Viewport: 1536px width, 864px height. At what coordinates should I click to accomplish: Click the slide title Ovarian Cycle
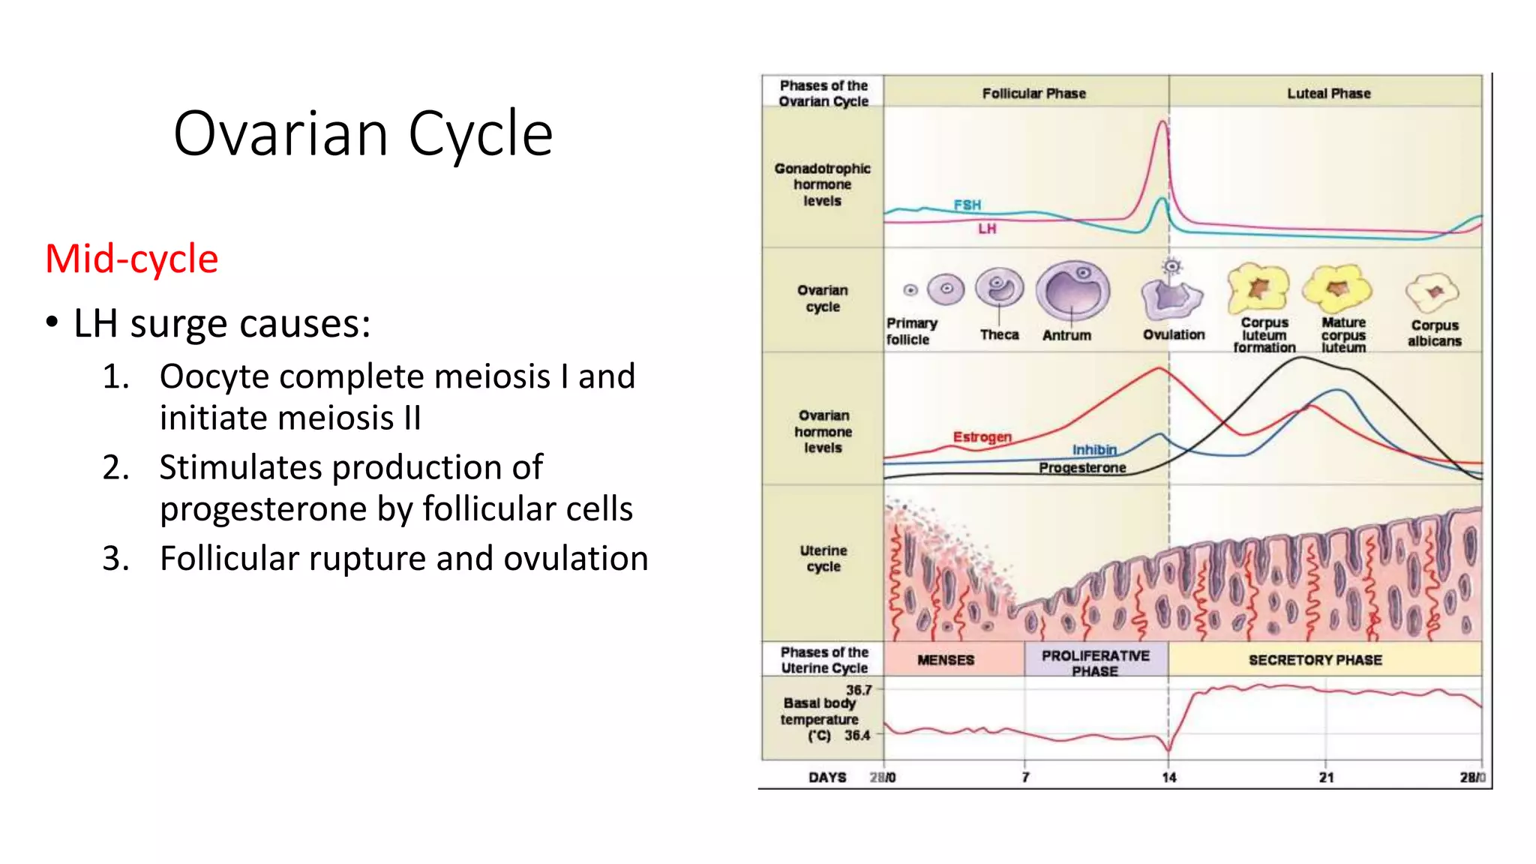tap(363, 133)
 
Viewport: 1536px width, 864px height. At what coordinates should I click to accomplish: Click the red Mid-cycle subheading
tap(132, 259)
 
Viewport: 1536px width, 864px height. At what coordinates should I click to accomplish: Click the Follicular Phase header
tap(1033, 94)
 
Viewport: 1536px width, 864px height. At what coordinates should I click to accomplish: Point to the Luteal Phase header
tap(1328, 94)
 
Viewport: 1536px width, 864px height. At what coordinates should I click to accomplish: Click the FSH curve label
tap(967, 205)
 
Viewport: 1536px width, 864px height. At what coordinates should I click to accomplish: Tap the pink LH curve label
tap(986, 229)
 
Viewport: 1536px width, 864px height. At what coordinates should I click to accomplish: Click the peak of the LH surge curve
tap(1162, 122)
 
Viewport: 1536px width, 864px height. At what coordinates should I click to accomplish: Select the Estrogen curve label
tap(982, 436)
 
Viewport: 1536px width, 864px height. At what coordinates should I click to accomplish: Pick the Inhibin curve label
tap(1094, 449)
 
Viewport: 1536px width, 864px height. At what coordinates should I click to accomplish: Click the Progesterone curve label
tap(1081, 468)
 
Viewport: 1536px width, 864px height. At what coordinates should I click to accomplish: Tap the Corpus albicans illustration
tap(1432, 292)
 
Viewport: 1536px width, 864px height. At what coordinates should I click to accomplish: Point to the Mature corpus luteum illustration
tap(1337, 289)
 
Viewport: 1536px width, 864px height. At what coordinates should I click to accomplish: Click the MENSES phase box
tap(945, 660)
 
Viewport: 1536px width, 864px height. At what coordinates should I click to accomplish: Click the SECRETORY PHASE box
tap(1315, 660)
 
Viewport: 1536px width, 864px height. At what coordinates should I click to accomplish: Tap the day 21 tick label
tap(1326, 778)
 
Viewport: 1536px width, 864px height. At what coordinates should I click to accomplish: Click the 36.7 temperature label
tap(859, 690)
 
